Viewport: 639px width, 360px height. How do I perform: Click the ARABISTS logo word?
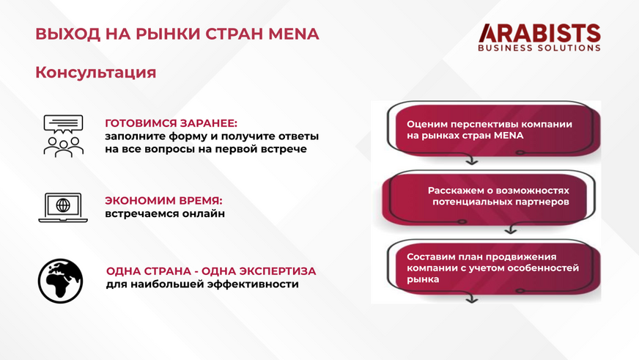pyautogui.click(x=539, y=33)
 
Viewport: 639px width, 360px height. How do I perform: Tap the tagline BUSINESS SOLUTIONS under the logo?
pyautogui.click(x=539, y=48)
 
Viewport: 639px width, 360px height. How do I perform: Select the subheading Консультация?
pyautogui.click(x=96, y=73)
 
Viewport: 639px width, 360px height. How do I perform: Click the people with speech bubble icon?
pyautogui.click(x=63, y=136)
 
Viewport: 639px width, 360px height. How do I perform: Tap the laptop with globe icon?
pyautogui.click(x=63, y=207)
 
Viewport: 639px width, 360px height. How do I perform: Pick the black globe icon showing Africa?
pyautogui.click(x=60, y=281)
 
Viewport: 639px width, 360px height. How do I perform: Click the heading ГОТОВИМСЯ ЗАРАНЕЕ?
pyautogui.click(x=171, y=123)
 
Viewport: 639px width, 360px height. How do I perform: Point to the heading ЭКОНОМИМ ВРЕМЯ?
pyautogui.click(x=164, y=201)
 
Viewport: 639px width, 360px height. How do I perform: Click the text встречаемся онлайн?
pyautogui.click(x=165, y=213)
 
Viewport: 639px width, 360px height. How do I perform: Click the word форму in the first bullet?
pyautogui.click(x=188, y=136)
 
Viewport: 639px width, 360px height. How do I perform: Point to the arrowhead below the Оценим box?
pyautogui.click(x=472, y=162)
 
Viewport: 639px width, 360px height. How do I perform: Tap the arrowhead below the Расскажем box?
pyautogui.click(x=511, y=231)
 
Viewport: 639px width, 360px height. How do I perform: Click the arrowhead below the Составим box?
pyautogui.click(x=472, y=300)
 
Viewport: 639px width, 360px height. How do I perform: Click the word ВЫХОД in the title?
pyautogui.click(x=68, y=34)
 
